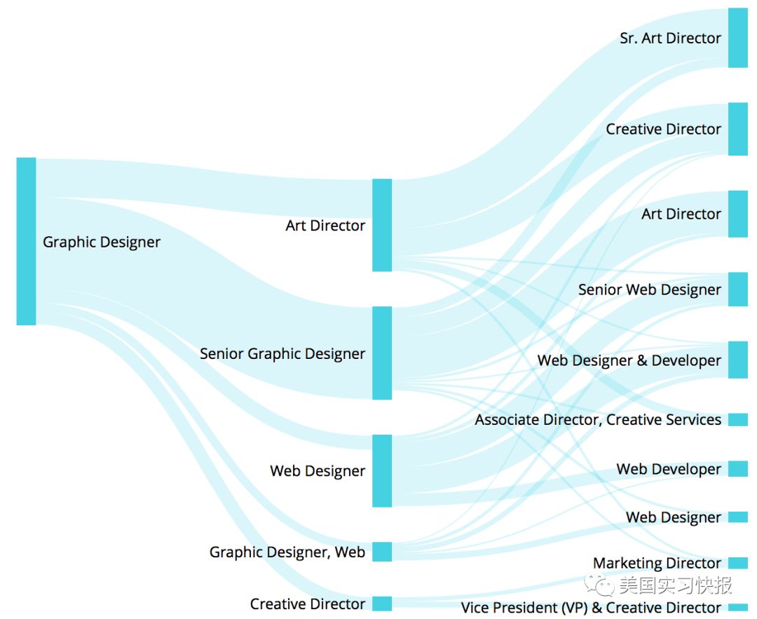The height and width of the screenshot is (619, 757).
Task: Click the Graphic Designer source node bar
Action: click(26, 241)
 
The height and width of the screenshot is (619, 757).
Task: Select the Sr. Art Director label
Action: click(670, 39)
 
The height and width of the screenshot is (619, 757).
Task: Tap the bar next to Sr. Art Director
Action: click(737, 38)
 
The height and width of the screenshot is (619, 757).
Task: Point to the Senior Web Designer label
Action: click(649, 290)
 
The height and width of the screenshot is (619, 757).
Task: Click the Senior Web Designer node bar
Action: click(737, 290)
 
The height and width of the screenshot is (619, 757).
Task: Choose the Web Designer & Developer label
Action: click(629, 360)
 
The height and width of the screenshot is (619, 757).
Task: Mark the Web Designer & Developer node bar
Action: click(737, 360)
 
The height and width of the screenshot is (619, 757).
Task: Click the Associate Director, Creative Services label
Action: click(597, 420)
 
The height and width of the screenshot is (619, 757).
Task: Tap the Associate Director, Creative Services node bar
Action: click(737, 420)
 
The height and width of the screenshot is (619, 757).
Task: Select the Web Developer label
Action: click(668, 469)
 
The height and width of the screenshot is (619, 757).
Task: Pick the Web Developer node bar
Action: click(737, 469)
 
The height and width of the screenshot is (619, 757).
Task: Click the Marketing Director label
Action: click(657, 563)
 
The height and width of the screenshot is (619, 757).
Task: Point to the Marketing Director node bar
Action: click(737, 563)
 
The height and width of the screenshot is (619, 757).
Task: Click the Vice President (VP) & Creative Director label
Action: click(590, 608)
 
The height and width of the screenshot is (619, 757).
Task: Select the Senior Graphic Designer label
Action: click(282, 353)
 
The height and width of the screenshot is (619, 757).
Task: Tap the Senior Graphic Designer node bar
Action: click(382, 353)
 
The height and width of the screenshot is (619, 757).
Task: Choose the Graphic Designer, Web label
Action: click(287, 552)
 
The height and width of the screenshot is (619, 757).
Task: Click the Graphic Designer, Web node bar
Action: click(382, 552)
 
